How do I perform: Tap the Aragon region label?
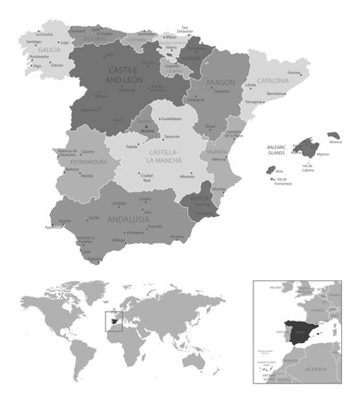coord(220,81)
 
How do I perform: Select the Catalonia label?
coord(272,81)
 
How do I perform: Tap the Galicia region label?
coord(36,51)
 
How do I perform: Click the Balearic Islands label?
coord(281,147)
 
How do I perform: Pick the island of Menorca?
coord(337,133)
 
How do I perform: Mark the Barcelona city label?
coord(276,93)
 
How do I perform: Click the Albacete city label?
coord(186,176)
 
